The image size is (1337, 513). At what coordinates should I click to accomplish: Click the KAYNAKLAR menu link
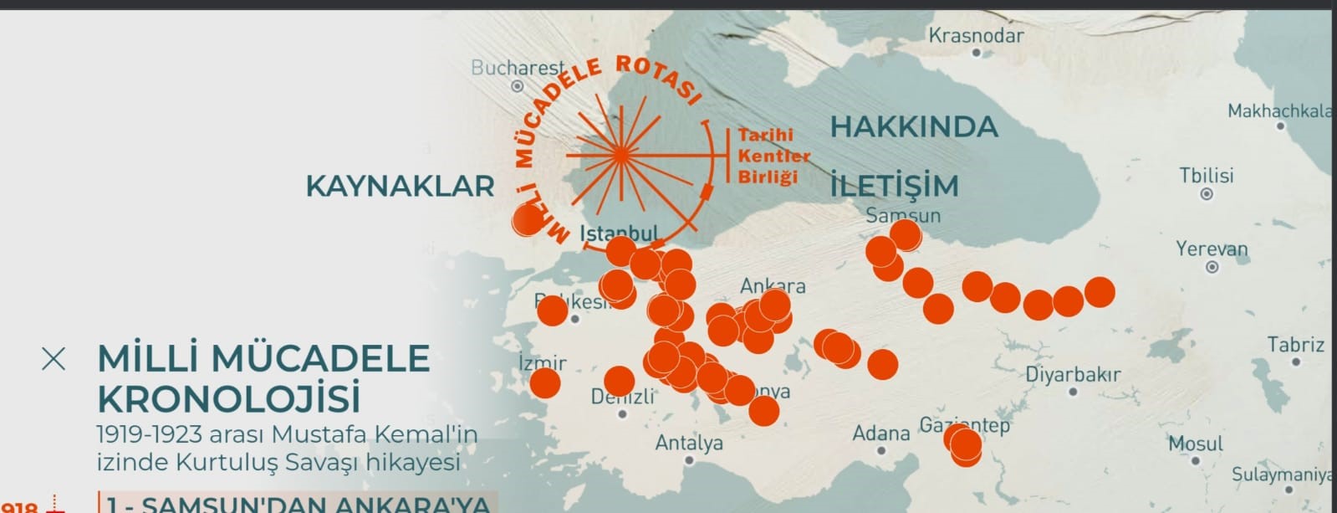(x=400, y=186)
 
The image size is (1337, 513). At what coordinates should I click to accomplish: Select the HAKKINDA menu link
(x=914, y=127)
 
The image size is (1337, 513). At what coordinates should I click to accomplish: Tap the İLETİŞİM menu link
(x=894, y=186)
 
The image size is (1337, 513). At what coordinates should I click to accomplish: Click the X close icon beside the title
(x=54, y=359)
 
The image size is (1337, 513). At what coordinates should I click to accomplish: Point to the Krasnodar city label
(x=976, y=36)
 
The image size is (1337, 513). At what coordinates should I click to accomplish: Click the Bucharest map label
(x=518, y=68)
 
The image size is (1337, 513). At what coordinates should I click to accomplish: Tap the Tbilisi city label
(x=1206, y=176)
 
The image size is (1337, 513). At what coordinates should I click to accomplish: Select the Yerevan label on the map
(x=1212, y=249)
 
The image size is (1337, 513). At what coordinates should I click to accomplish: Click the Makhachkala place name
(x=1280, y=111)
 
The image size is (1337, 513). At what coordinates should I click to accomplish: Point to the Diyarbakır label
(x=1073, y=375)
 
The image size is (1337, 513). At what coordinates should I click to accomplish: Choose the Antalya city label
(x=689, y=443)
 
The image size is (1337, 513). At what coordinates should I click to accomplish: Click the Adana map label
(x=881, y=433)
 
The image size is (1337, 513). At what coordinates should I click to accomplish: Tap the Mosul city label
(x=1195, y=444)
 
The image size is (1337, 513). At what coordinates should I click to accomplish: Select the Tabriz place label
(x=1295, y=345)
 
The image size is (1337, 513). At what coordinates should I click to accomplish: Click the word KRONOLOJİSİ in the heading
(x=229, y=399)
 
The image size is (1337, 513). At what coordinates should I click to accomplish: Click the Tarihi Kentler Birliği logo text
(x=773, y=156)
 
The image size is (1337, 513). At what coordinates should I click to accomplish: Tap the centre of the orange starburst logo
(x=620, y=156)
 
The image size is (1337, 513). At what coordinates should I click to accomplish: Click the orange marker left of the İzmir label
(x=544, y=383)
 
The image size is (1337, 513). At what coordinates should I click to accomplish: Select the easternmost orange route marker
(x=1100, y=292)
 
